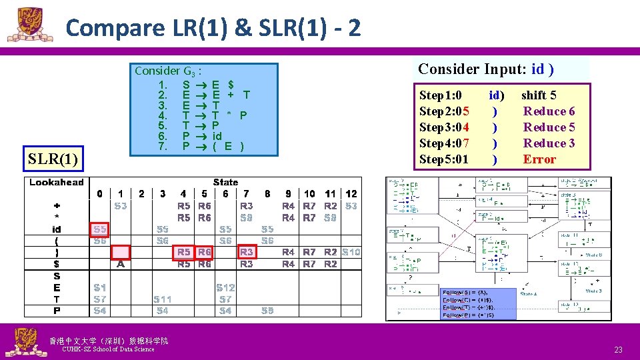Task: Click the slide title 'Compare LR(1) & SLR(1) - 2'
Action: tap(213, 28)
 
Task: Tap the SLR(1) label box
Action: tap(53, 159)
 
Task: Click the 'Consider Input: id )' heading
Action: tap(487, 69)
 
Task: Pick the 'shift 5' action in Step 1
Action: tap(539, 95)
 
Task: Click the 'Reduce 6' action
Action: tap(549, 111)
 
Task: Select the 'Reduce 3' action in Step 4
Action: tap(549, 143)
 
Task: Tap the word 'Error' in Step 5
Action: tap(539, 159)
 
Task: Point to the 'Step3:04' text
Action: tap(444, 127)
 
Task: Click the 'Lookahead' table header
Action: tap(57, 183)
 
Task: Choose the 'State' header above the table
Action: tap(225, 182)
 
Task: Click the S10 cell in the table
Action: tap(351, 252)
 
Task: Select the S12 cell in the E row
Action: tap(225, 288)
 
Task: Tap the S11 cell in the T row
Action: tap(163, 299)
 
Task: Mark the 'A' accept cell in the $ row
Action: tap(121, 264)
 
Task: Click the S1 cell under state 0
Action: tap(99, 288)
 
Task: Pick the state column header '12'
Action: tap(351, 194)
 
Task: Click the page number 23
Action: tap(618, 350)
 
